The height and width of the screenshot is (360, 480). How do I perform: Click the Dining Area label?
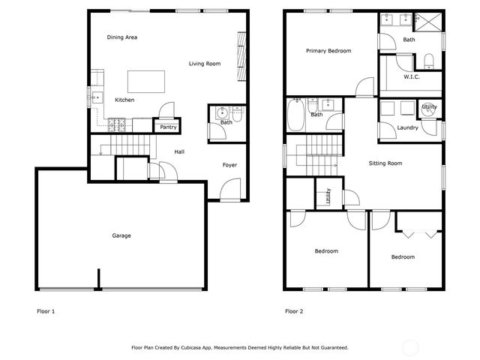[x=121, y=37]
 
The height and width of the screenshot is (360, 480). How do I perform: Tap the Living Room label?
[x=204, y=64]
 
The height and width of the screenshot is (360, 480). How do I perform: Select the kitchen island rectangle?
[x=145, y=80]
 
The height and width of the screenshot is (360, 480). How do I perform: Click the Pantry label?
[x=168, y=127]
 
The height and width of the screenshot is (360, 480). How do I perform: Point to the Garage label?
[x=121, y=235]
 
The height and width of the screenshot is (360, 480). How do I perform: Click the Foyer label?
[x=230, y=164]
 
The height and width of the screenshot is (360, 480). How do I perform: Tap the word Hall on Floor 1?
[x=179, y=152]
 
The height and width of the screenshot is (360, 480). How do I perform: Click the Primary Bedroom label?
[x=328, y=51]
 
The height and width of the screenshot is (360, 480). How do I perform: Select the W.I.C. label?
[x=412, y=76]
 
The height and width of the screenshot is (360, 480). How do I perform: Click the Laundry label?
[x=408, y=127]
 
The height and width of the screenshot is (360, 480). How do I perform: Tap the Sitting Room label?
[x=385, y=163]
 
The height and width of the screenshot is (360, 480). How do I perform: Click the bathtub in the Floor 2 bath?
[x=295, y=115]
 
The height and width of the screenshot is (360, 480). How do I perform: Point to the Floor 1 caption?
[x=46, y=310]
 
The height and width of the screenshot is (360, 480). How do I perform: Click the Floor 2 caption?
[x=294, y=310]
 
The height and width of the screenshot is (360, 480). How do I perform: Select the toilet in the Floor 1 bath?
[x=238, y=115]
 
